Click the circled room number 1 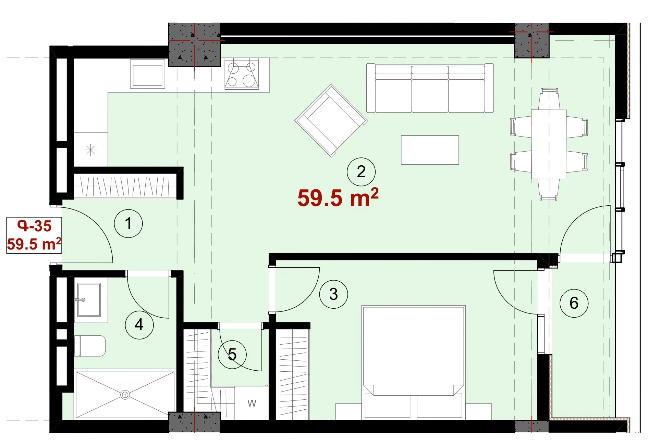pyautogui.click(x=128, y=223)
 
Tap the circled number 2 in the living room pyautogui.click(x=361, y=171)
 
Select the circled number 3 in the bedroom pyautogui.click(x=333, y=294)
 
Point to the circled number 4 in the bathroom pyautogui.click(x=139, y=324)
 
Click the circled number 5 pyautogui.click(x=232, y=354)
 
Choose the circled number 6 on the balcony pyautogui.click(x=574, y=303)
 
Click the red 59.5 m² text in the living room pyautogui.click(x=338, y=197)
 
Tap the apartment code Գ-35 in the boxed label pyautogui.click(x=34, y=226)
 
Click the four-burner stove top pyautogui.click(x=242, y=74)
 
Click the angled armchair pyautogui.click(x=331, y=120)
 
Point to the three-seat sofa pyautogui.click(x=430, y=88)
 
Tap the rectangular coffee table pyautogui.click(x=430, y=150)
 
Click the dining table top pyautogui.click(x=549, y=144)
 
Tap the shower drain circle pyautogui.click(x=125, y=395)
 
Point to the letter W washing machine pyautogui.click(x=252, y=403)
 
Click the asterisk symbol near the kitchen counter pyautogui.click(x=90, y=150)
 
